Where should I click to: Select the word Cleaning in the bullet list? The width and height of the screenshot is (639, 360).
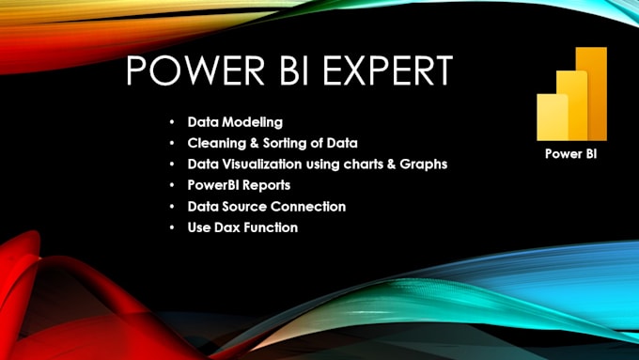point(215,144)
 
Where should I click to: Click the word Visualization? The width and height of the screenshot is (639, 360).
point(259,164)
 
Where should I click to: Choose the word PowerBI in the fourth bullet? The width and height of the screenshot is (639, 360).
point(213,185)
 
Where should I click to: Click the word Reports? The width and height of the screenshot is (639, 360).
point(269,185)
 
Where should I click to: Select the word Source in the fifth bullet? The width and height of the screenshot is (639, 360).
point(248,206)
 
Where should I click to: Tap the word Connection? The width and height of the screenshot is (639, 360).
point(311,206)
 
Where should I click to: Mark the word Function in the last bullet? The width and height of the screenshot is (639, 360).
point(271,227)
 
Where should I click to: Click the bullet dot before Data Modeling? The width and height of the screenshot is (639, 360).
point(170,123)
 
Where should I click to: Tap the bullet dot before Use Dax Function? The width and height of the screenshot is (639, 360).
point(170,227)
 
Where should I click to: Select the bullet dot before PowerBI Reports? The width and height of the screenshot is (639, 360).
point(170,185)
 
